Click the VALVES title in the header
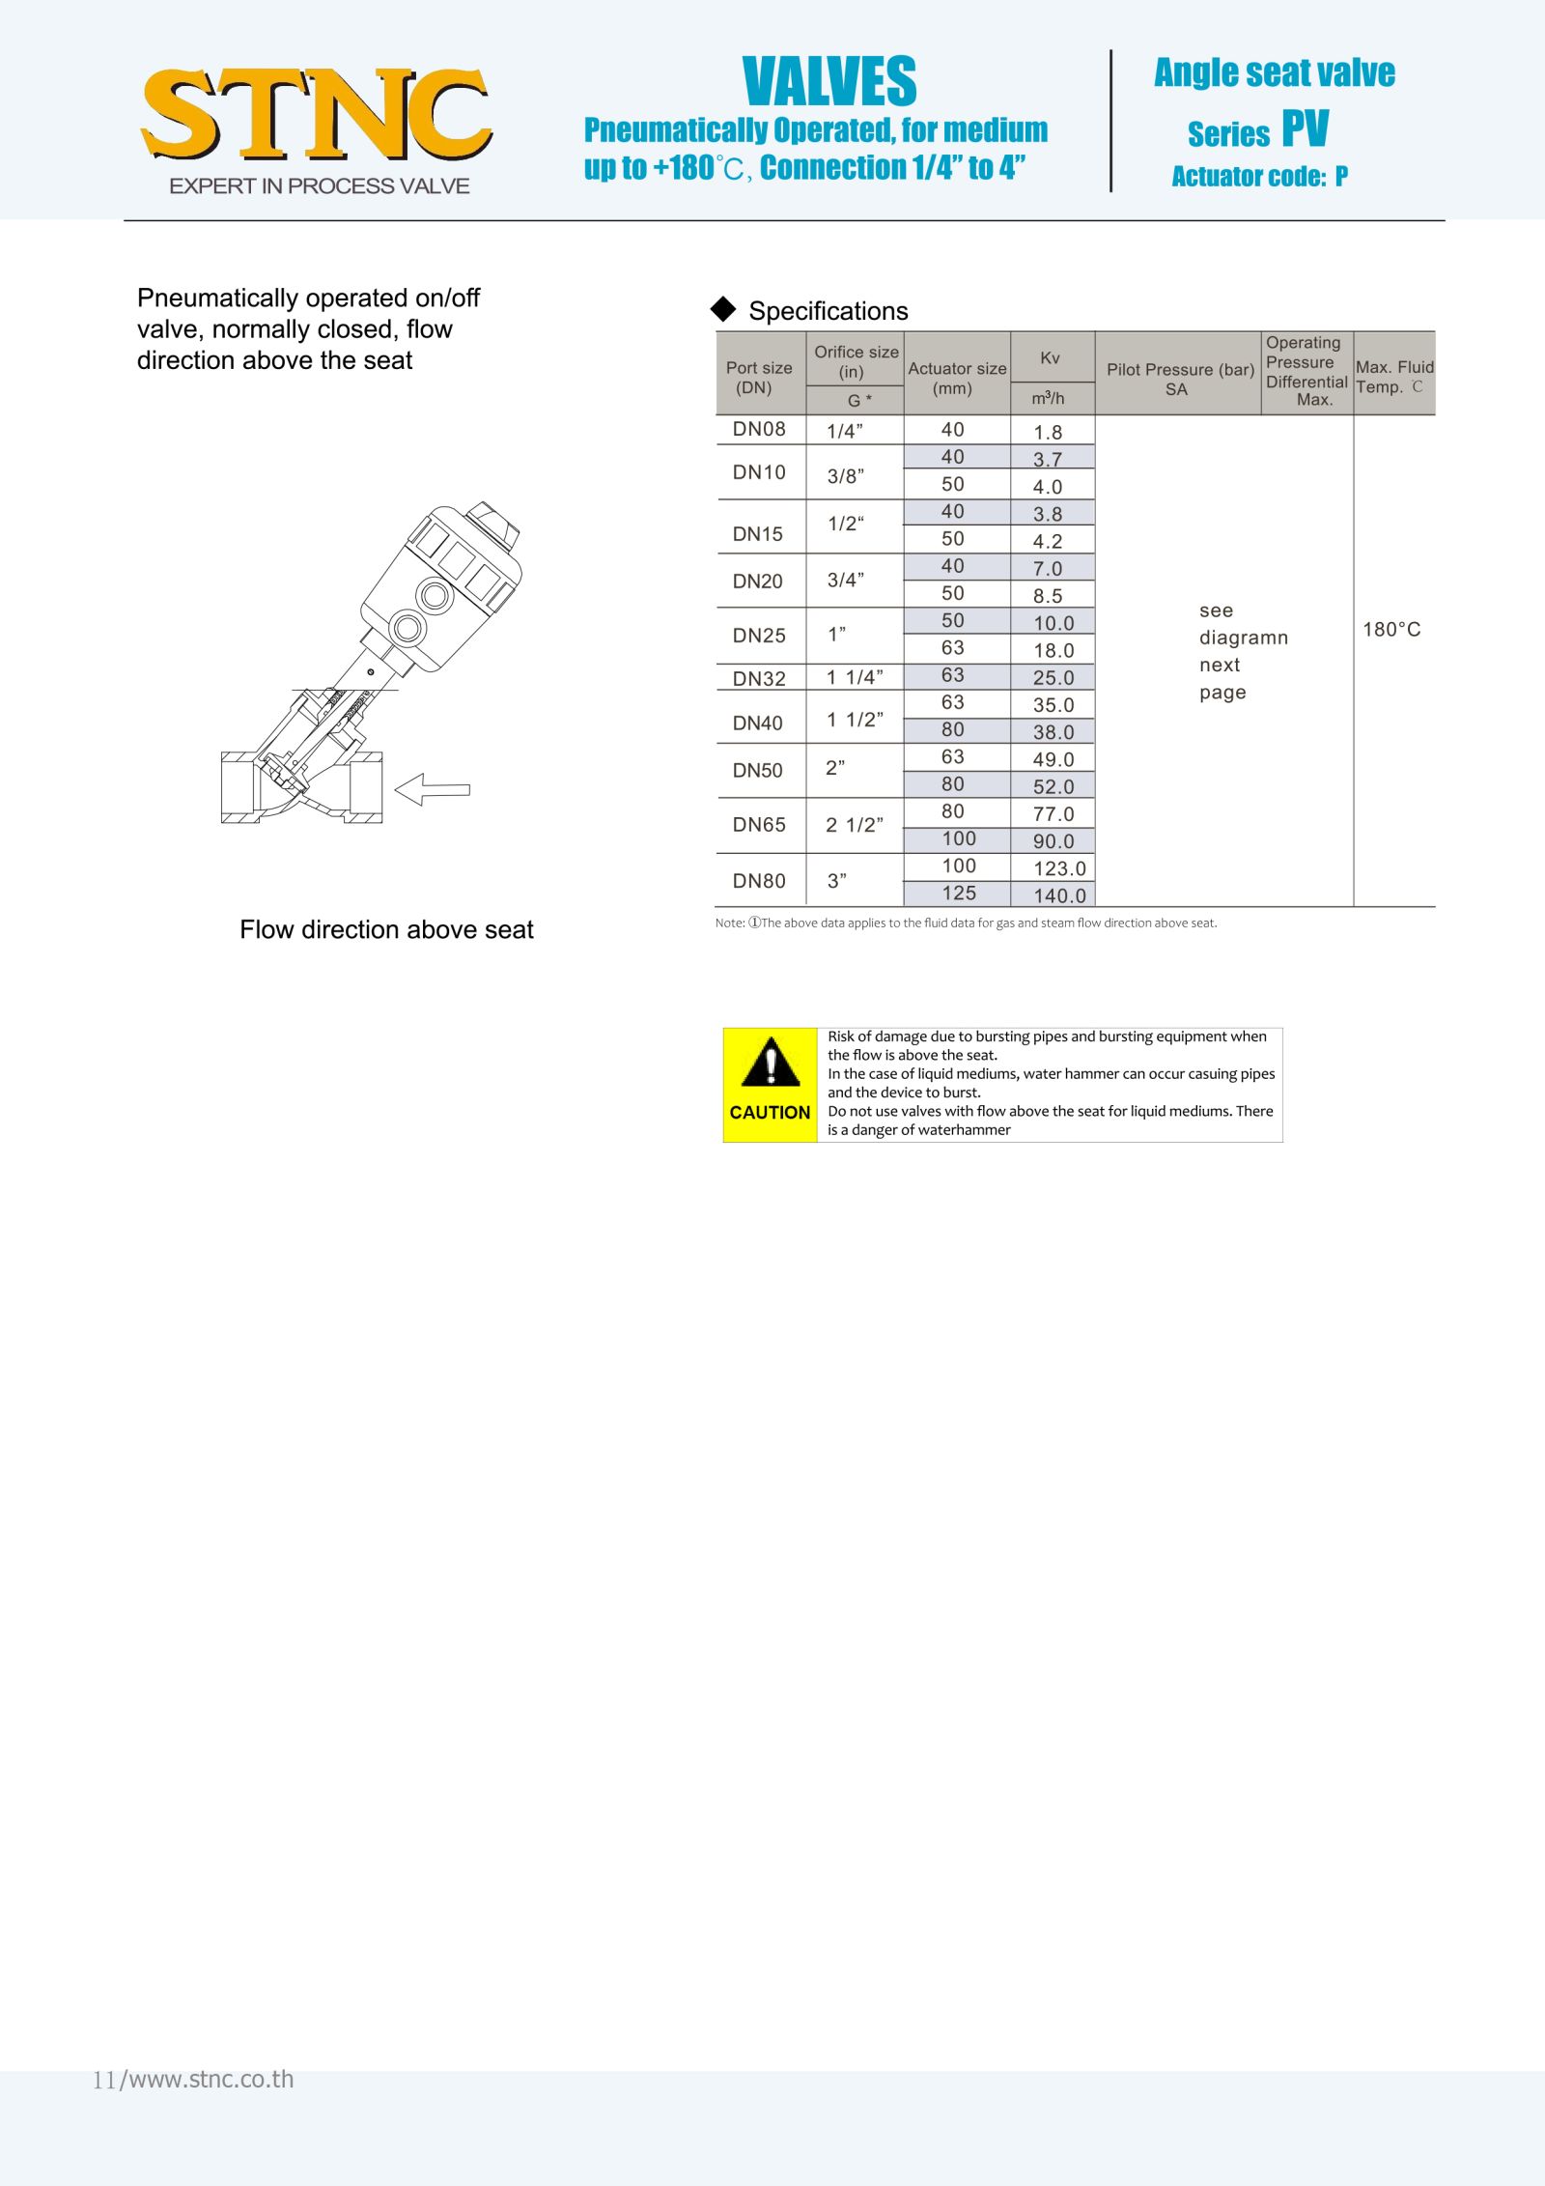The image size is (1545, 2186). click(x=829, y=81)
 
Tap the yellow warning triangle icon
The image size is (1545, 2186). click(x=770, y=1064)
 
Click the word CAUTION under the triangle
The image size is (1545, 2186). click(x=770, y=1113)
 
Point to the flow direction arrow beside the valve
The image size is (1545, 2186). click(x=433, y=789)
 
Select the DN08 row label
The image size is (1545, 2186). click(x=759, y=430)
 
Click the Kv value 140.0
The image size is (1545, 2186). click(x=1059, y=895)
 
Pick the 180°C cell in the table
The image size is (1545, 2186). click(x=1391, y=630)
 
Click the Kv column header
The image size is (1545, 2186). click(x=1051, y=358)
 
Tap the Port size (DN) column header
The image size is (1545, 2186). click(x=759, y=377)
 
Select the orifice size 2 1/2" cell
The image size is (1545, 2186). click(x=854, y=825)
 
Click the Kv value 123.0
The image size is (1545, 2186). click(x=1059, y=868)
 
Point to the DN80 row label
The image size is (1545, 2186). click(x=759, y=881)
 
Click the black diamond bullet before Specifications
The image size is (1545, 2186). click(x=723, y=309)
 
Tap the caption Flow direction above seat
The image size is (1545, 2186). click(x=386, y=929)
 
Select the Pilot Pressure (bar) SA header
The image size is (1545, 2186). click(x=1178, y=379)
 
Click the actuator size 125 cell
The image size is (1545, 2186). click(x=959, y=894)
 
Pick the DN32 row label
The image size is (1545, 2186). click(x=759, y=678)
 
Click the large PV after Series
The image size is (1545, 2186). click(x=1305, y=128)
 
